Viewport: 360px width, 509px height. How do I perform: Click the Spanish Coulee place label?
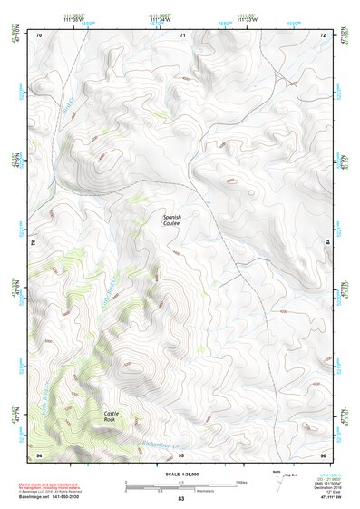click(x=171, y=220)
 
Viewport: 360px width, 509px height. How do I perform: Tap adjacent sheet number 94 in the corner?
click(x=39, y=454)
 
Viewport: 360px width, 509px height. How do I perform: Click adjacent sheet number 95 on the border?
click(x=181, y=454)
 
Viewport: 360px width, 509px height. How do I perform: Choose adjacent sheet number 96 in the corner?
click(x=324, y=454)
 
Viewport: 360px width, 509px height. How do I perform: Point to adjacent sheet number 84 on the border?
click(x=327, y=243)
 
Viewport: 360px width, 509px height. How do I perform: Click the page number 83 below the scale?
click(x=181, y=499)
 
